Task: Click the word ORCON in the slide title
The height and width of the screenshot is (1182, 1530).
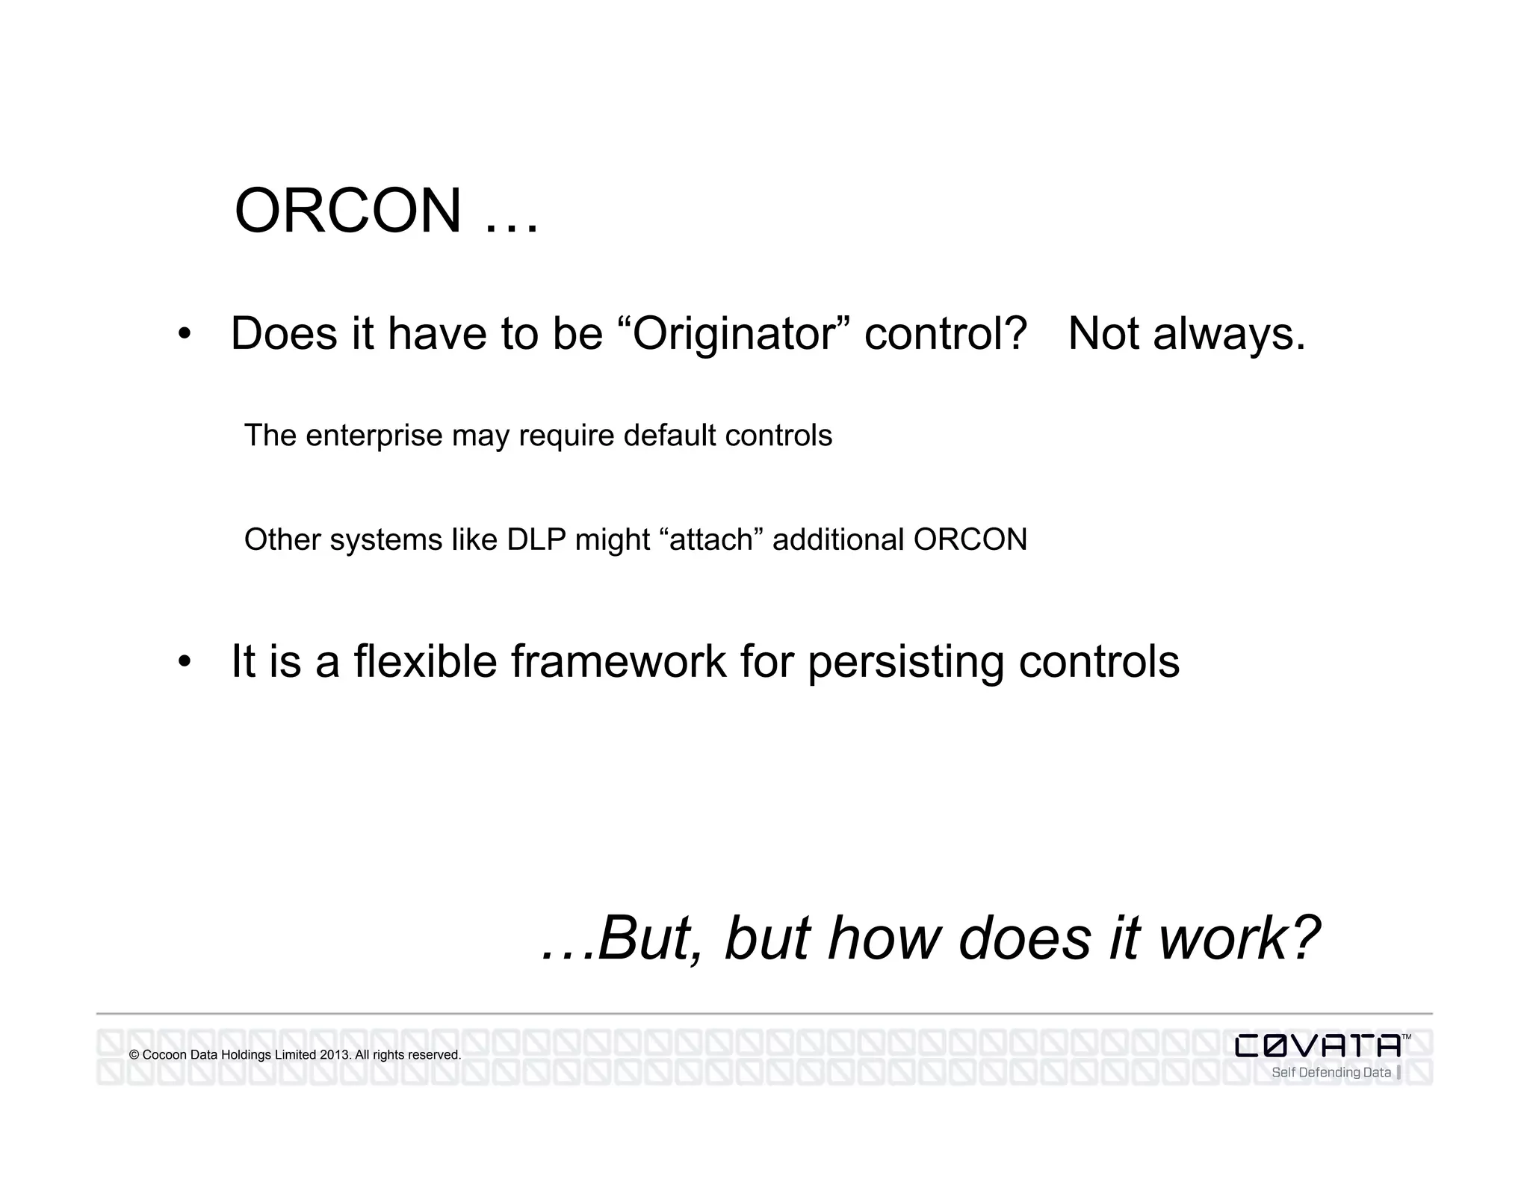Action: tap(348, 211)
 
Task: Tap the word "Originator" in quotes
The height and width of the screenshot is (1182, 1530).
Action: tap(735, 333)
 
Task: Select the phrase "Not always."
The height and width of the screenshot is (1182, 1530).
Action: tap(1186, 333)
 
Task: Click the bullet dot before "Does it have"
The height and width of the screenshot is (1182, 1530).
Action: tap(185, 334)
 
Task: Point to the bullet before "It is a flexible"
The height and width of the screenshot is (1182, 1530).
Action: tap(185, 662)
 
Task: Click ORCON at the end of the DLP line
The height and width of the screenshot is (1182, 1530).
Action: tap(970, 539)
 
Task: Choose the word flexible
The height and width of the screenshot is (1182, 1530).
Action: tap(424, 661)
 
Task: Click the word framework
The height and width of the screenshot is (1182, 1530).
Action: tap(618, 661)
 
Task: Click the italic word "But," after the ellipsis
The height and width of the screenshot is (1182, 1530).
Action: tap(650, 938)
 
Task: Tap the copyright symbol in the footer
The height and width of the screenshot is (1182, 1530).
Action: tap(134, 1056)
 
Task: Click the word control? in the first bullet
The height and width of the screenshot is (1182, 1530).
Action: tap(945, 333)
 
